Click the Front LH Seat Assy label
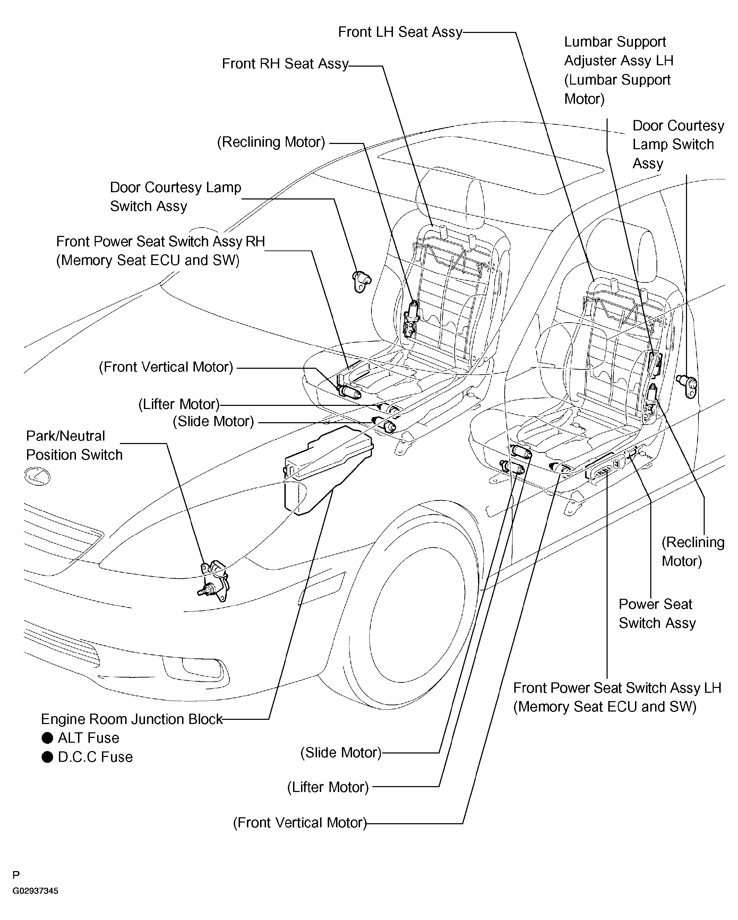[400, 32]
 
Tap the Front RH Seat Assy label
[285, 63]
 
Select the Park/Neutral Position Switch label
[74, 445]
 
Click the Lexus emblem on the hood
[37, 476]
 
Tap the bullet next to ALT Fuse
[48, 738]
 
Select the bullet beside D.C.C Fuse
[48, 757]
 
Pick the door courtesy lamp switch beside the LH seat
[687, 385]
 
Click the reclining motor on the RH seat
[412, 318]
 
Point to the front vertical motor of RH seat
[349, 392]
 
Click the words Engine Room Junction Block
[131, 719]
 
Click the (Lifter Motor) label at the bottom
[328, 787]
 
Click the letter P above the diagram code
[16, 876]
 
